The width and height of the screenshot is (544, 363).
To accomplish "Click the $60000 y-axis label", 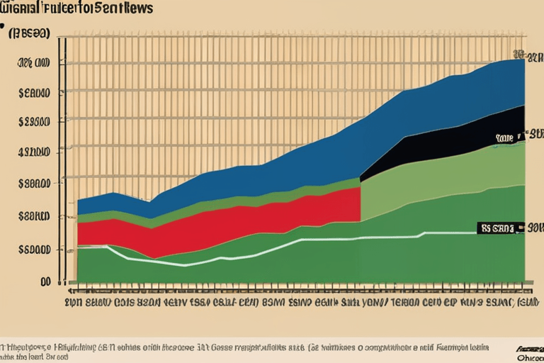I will point(35,249).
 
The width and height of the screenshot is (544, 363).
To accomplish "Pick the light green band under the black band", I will point(425,177).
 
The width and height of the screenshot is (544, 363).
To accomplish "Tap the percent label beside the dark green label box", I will point(531,228).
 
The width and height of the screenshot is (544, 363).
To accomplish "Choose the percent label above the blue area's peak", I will point(518,54).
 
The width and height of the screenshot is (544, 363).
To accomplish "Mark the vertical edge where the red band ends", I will point(361,204).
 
